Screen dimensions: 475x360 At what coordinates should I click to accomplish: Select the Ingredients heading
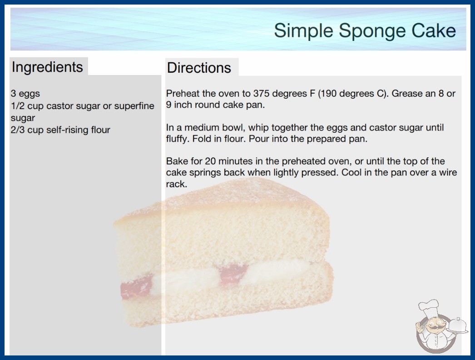47,67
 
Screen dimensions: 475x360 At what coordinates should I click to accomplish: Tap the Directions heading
199,68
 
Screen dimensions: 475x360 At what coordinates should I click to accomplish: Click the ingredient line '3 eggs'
25,94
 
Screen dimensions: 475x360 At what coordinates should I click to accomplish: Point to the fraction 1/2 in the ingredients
18,106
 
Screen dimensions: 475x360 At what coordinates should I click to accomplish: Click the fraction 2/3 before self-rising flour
18,130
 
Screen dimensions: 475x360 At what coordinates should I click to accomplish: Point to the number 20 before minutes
211,161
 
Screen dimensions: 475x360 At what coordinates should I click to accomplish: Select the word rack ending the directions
176,184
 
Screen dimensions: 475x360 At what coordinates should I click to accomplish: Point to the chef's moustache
434,328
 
